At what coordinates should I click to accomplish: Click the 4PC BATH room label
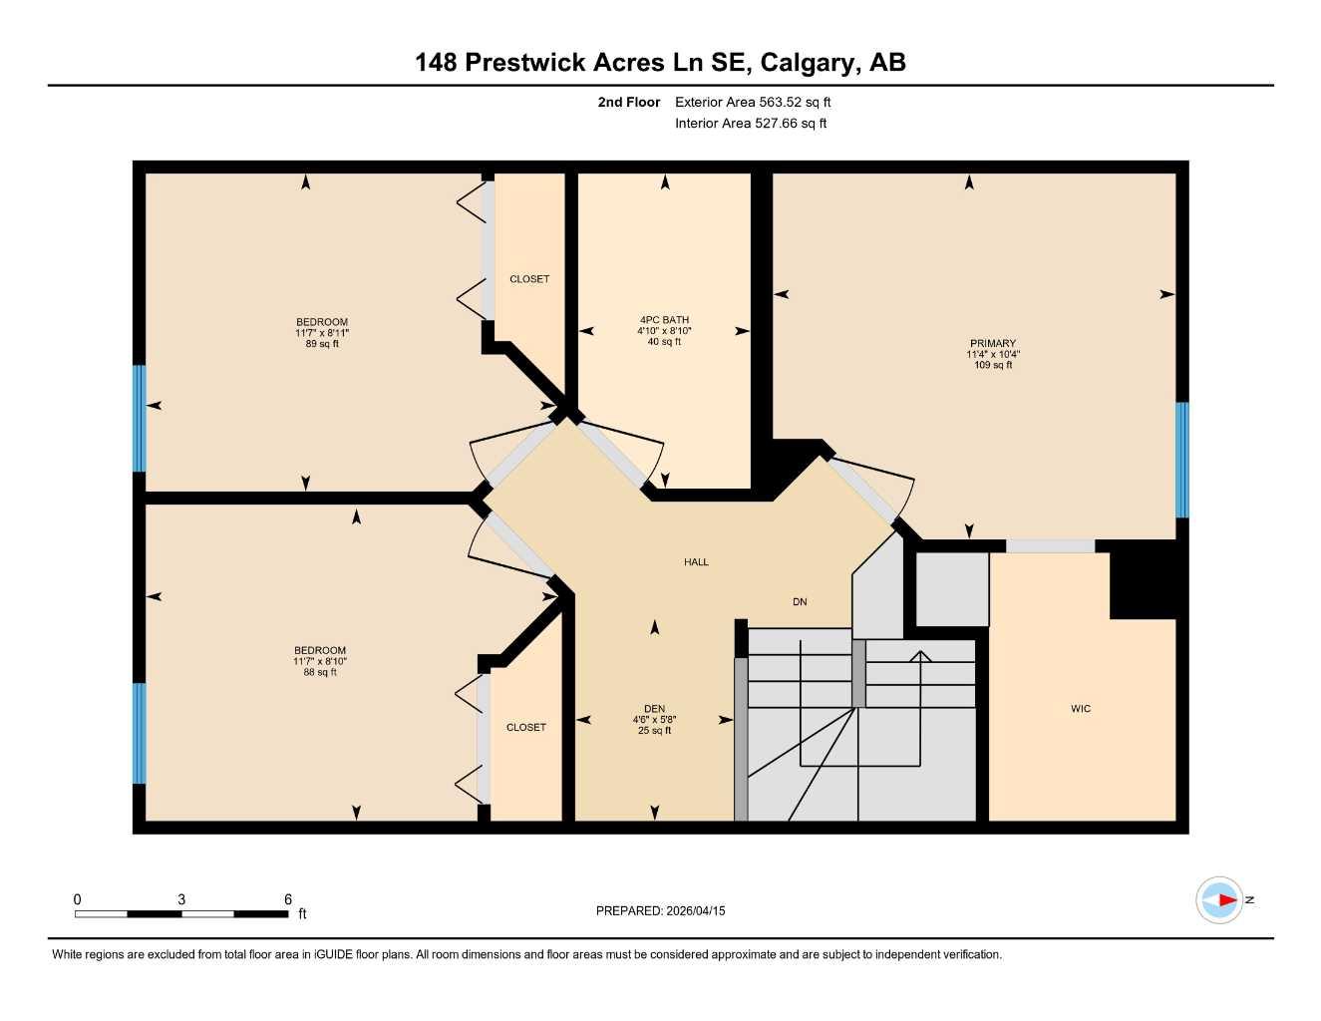click(x=664, y=320)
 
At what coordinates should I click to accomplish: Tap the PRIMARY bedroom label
click(x=992, y=343)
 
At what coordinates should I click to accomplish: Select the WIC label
click(x=1081, y=709)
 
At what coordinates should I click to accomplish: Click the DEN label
click(x=654, y=709)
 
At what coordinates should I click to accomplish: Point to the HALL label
click(x=696, y=562)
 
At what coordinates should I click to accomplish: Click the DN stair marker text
click(x=800, y=602)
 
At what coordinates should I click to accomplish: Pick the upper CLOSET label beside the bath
click(x=529, y=279)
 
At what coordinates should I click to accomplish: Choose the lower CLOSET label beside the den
click(x=526, y=728)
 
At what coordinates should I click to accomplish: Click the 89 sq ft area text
click(x=322, y=344)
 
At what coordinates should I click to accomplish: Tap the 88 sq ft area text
click(x=320, y=672)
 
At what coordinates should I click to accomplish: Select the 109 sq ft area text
click(x=993, y=365)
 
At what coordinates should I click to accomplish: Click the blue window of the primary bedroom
click(x=1182, y=460)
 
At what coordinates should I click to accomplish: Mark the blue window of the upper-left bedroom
click(x=140, y=418)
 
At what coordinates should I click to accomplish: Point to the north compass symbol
click(x=1221, y=900)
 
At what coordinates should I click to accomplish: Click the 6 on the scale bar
click(x=288, y=899)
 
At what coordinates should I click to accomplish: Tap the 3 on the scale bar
click(x=181, y=899)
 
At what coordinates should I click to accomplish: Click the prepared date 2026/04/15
click(x=695, y=910)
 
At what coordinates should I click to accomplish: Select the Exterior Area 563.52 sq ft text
click(x=753, y=102)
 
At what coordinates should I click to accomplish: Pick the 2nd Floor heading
click(x=629, y=102)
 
